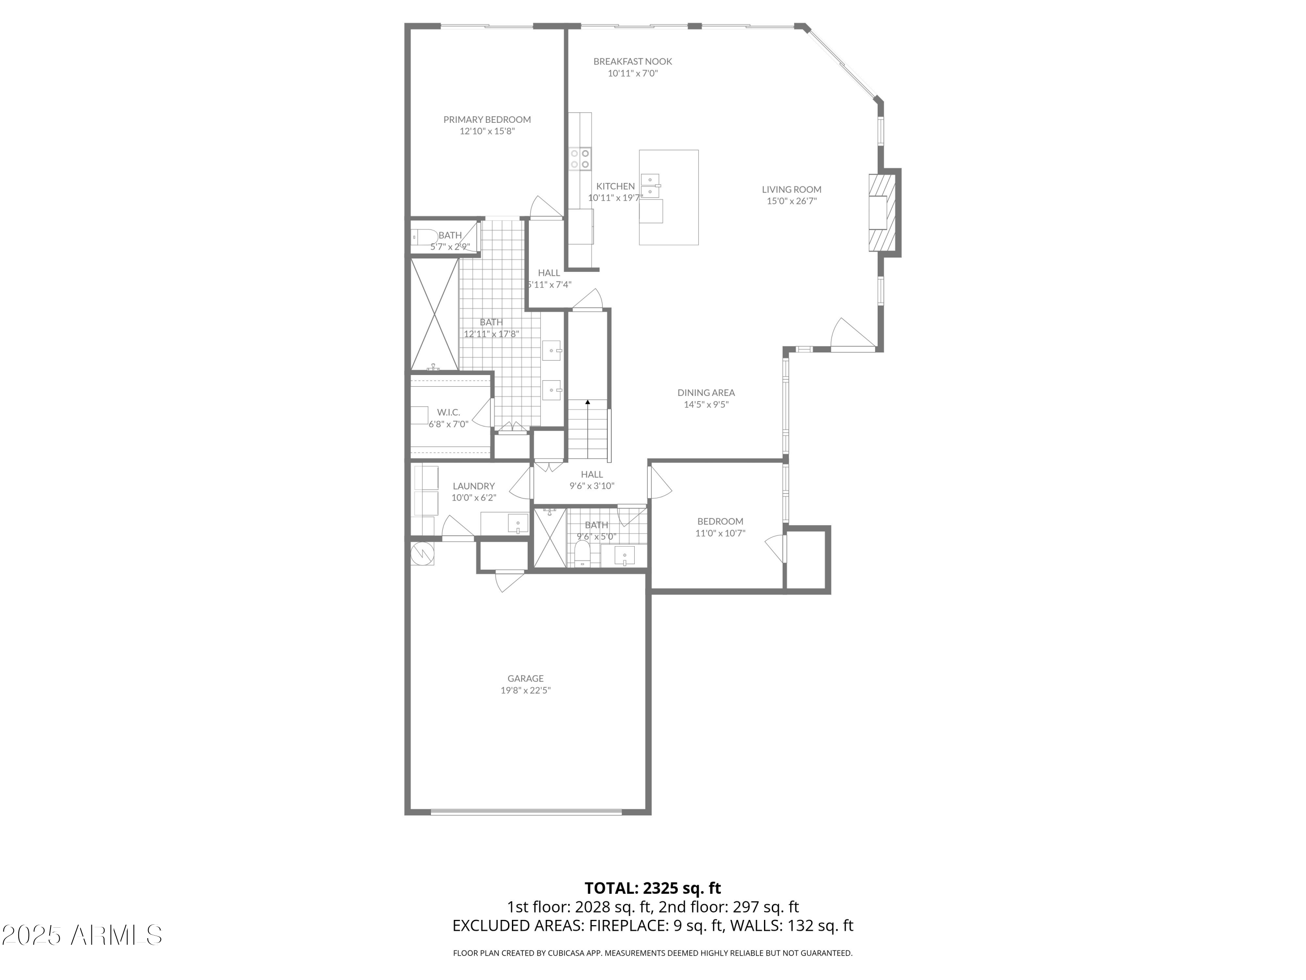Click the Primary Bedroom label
[x=487, y=120]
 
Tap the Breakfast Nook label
[x=633, y=61]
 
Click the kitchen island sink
[x=650, y=186]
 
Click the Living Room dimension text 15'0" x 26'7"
[x=791, y=201]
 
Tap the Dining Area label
[x=706, y=393]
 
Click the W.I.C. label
[x=448, y=412]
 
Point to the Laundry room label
[x=474, y=486]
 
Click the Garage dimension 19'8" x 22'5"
[x=525, y=690]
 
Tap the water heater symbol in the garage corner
[x=423, y=553]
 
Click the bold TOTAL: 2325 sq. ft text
[x=653, y=888]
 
